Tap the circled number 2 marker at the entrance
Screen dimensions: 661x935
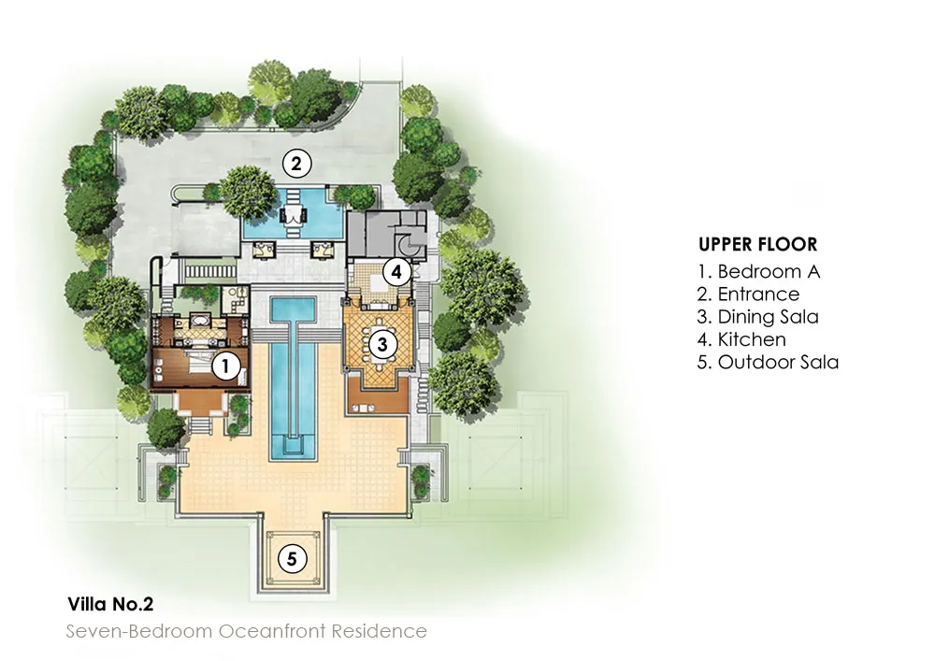(x=295, y=165)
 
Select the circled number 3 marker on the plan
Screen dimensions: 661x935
(x=381, y=344)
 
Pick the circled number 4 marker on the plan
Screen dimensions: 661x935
(x=396, y=272)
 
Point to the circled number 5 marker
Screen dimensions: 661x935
(x=292, y=559)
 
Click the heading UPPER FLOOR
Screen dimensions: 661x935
(x=757, y=245)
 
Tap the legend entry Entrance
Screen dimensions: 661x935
(x=748, y=295)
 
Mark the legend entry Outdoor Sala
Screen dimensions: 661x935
(x=768, y=362)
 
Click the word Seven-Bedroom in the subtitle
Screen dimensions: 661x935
(x=139, y=631)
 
